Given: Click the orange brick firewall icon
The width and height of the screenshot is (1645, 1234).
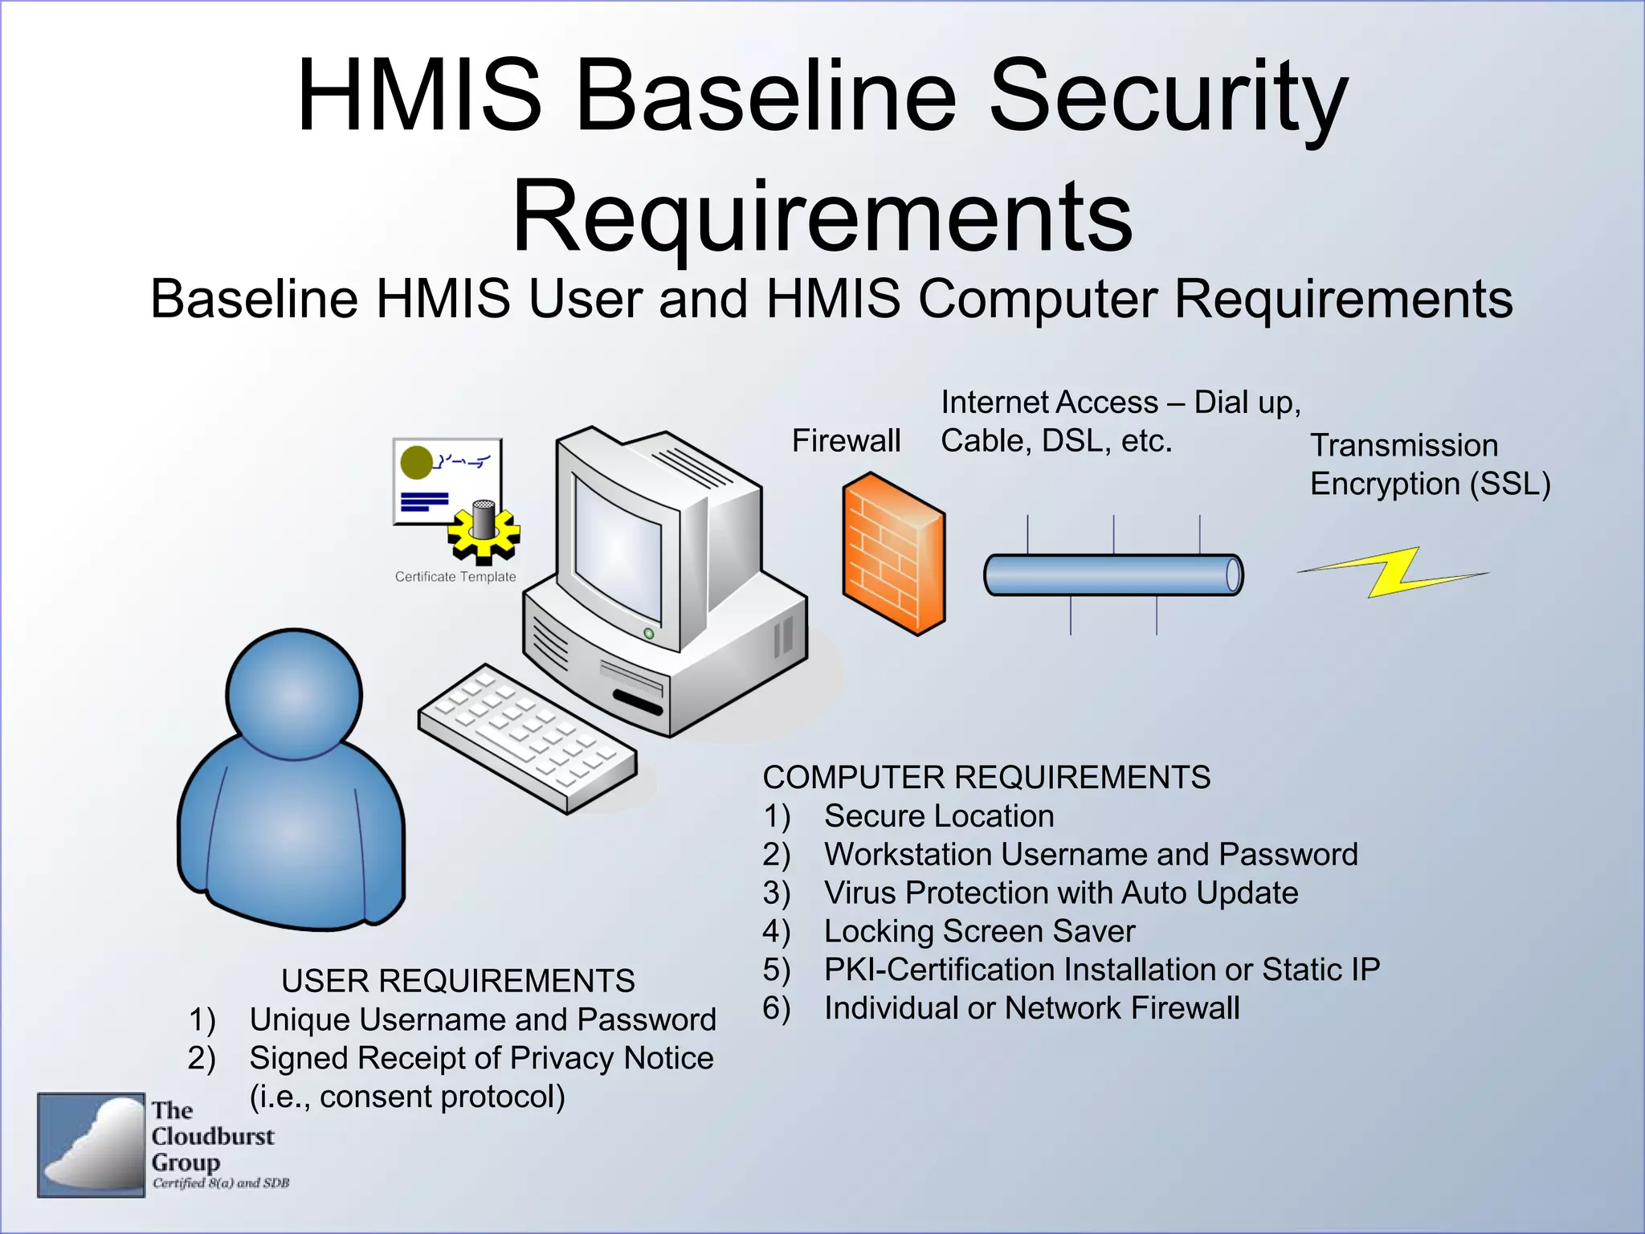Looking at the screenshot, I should click(x=893, y=554).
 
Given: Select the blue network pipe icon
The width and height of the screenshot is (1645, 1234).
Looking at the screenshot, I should click(x=1112, y=575).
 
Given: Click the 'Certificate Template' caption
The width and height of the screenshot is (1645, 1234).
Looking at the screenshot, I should click(x=455, y=577).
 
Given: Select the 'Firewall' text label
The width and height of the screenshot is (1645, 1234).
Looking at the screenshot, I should click(x=846, y=440).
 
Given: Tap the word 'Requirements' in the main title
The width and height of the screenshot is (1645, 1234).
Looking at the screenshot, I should click(x=822, y=217).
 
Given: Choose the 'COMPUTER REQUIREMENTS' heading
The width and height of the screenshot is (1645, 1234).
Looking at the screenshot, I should click(x=986, y=777).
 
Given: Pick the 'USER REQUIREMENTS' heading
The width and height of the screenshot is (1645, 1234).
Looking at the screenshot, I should click(x=458, y=981).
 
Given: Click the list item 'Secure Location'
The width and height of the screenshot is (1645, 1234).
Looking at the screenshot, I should click(x=938, y=816).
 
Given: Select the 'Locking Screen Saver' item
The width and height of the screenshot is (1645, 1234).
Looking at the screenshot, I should click(x=979, y=931).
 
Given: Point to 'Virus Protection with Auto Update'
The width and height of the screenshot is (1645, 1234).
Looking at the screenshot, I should click(x=1060, y=893).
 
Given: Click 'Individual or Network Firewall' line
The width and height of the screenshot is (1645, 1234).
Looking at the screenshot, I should click(x=1031, y=1008).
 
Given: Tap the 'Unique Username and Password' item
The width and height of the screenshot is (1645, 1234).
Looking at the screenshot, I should click(x=482, y=1019).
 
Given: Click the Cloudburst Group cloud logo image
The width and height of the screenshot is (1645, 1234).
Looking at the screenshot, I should click(x=92, y=1145).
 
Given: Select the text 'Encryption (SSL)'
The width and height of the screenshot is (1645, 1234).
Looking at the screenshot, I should click(x=1430, y=484).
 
